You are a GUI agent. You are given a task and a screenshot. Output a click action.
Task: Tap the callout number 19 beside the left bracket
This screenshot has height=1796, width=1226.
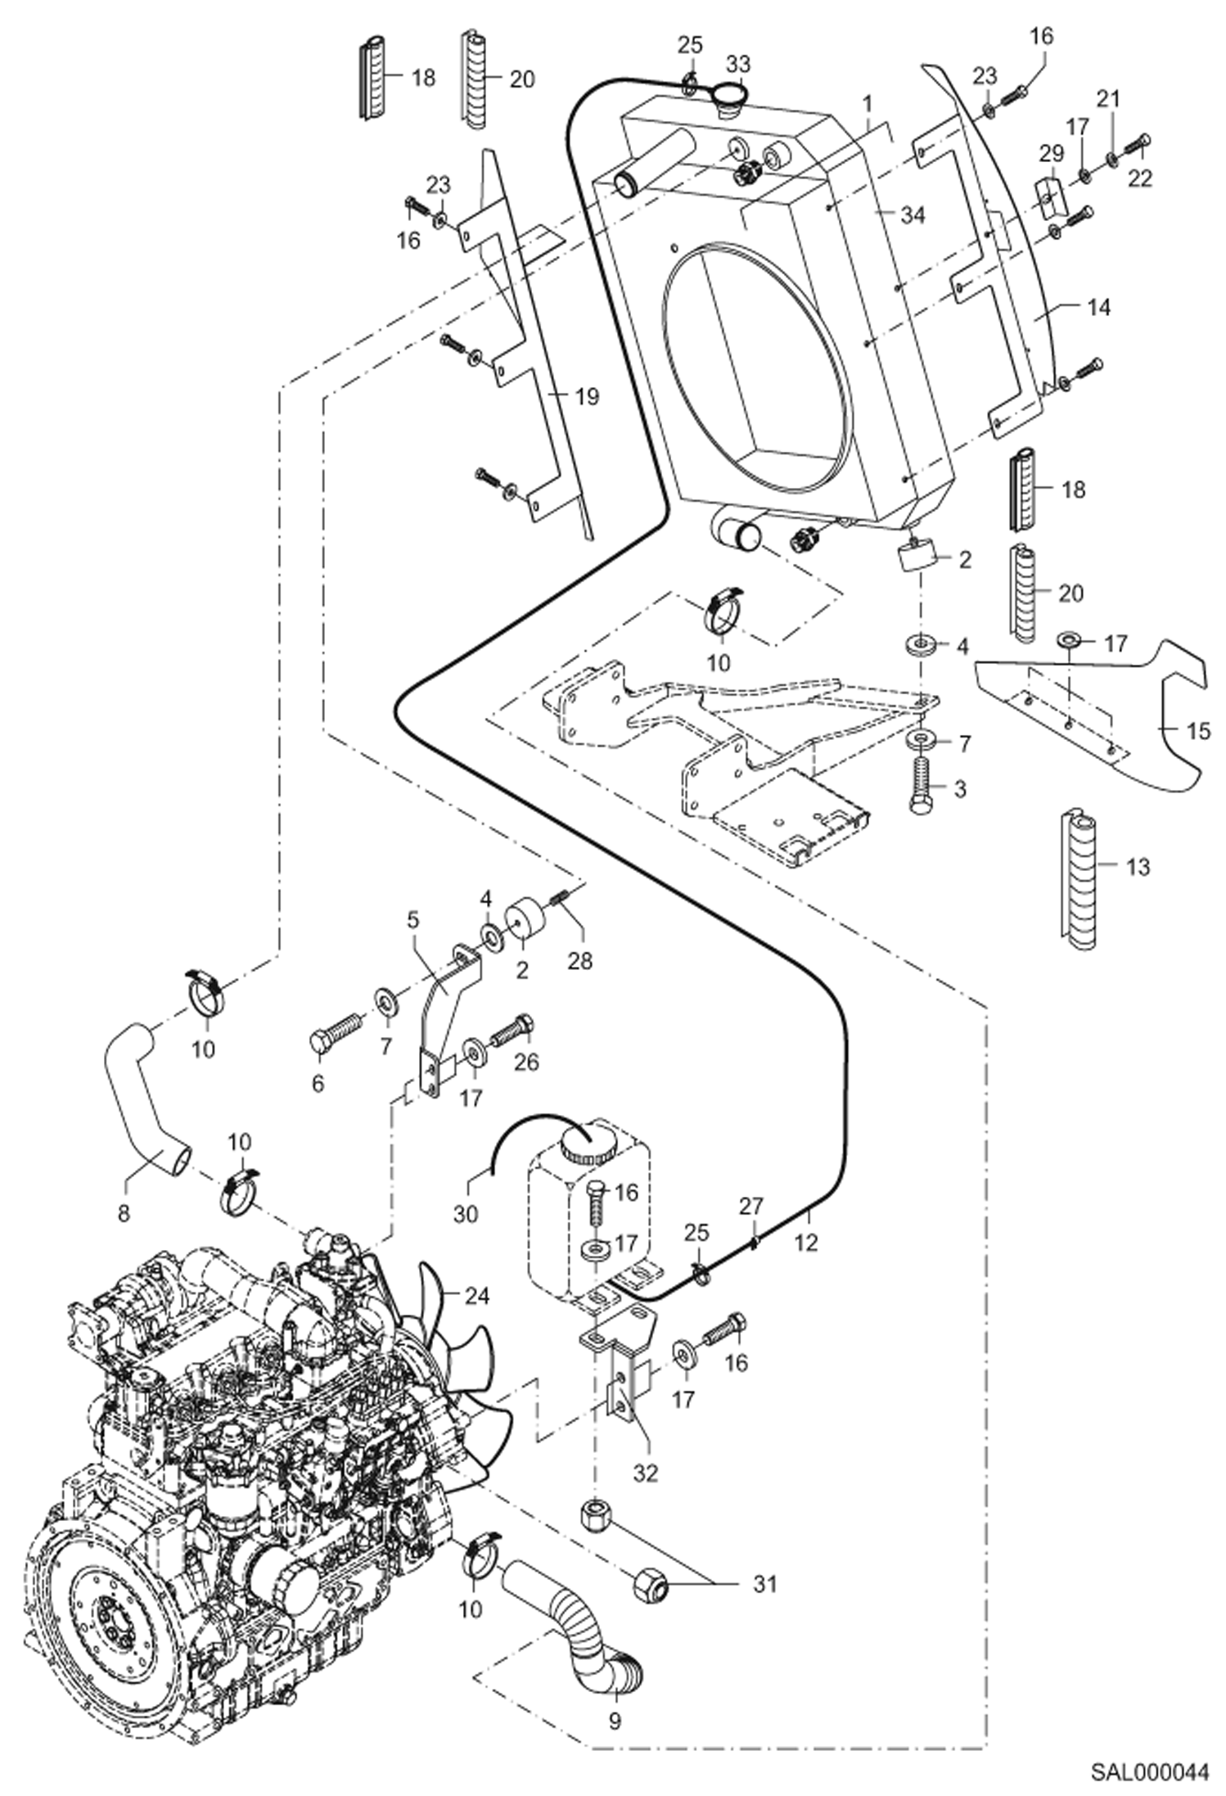pos(585,397)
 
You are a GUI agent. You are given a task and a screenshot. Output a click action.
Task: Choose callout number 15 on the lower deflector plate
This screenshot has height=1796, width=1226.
pos(1197,731)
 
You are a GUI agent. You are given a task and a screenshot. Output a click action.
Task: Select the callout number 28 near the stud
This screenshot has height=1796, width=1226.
pos(579,959)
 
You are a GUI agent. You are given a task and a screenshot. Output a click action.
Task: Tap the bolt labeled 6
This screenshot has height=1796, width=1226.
pos(335,1031)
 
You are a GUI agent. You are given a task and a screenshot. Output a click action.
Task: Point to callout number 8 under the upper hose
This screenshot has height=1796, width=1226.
pos(124,1213)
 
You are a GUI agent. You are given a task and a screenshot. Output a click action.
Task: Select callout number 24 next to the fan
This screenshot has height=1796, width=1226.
pos(476,1296)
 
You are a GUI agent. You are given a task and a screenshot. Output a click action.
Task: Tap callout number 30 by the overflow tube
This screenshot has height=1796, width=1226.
pos(466,1214)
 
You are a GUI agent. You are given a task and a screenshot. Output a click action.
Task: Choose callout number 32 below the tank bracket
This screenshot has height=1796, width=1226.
pos(646,1473)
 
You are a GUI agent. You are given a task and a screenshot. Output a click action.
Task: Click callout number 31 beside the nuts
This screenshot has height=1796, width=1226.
pos(764,1585)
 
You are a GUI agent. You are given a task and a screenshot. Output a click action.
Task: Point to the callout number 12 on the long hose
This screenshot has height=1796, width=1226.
pos(805,1243)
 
